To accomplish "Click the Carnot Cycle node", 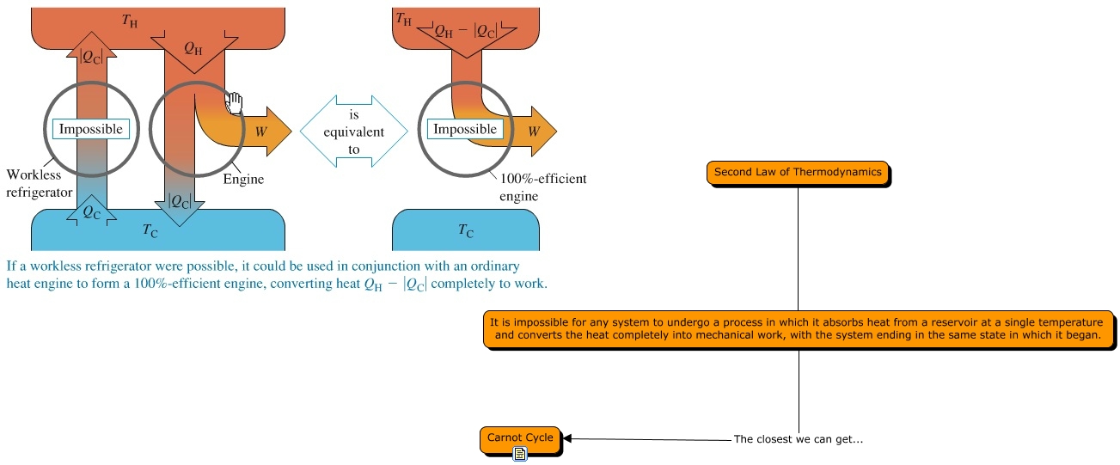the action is pyautogui.click(x=520, y=439).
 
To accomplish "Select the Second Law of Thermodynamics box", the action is pyautogui.click(x=798, y=173).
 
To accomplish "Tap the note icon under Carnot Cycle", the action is pyautogui.click(x=520, y=454).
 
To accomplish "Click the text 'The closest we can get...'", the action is pyautogui.click(x=799, y=439).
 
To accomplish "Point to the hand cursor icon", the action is pyautogui.click(x=234, y=103).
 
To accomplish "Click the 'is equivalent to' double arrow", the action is pyautogui.click(x=354, y=132).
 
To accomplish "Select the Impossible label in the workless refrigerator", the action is pyautogui.click(x=91, y=129).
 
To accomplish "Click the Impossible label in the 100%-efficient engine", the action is pyautogui.click(x=465, y=129).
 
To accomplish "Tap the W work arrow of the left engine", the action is pyautogui.click(x=260, y=132).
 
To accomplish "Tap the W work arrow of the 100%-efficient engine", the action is pyautogui.click(x=533, y=132).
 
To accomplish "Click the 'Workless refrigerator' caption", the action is pyautogui.click(x=39, y=183).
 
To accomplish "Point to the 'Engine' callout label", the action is pyautogui.click(x=243, y=179).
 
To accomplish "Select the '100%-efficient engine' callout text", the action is pyautogui.click(x=543, y=187).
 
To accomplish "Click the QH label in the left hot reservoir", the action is pyautogui.click(x=193, y=48).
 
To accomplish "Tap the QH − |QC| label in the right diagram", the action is pyautogui.click(x=466, y=31).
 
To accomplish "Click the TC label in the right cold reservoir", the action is pyautogui.click(x=466, y=230).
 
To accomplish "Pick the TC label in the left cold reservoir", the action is pyautogui.click(x=150, y=230).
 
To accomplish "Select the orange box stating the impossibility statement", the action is pyautogui.click(x=799, y=329).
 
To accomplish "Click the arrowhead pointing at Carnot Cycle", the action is pyautogui.click(x=567, y=438).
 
